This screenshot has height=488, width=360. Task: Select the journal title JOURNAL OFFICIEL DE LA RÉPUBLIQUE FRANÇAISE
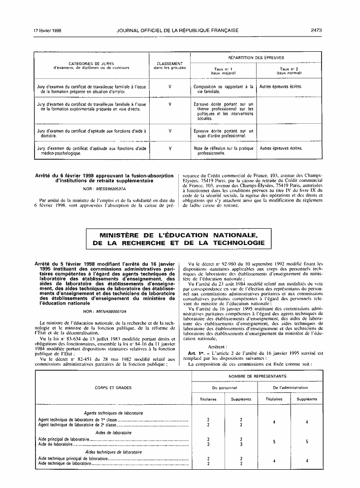178,31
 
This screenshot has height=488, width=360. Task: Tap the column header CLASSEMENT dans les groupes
170,66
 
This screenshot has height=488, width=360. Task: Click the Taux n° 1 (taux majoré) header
224,71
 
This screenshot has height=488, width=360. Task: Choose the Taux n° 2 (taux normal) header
289,71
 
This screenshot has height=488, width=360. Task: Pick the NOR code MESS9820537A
103,188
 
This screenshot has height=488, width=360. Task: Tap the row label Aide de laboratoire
55,444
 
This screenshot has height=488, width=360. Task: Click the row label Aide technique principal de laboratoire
72,458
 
